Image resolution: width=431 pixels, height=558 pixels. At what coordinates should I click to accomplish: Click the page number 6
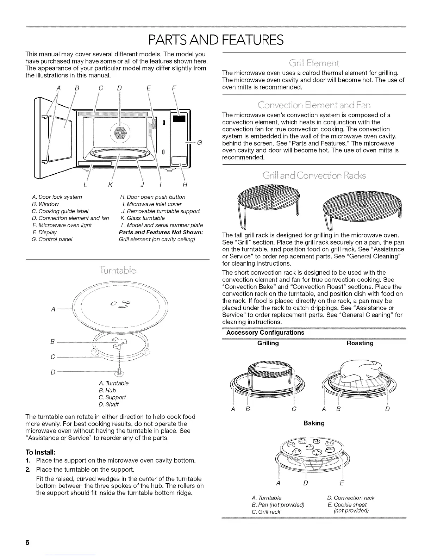coord(27,542)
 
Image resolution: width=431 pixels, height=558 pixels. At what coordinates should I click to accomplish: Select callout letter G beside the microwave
coord(199,143)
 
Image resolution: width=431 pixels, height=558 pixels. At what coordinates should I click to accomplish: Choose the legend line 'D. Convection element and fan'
coord(70,218)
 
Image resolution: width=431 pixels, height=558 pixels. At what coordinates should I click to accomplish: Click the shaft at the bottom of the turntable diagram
coord(120,371)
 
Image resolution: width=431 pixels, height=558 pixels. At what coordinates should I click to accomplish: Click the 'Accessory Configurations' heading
coord(265,333)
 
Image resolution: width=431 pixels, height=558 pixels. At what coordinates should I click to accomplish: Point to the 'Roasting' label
coord(360,343)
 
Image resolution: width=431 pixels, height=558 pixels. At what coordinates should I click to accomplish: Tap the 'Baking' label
coord(314,423)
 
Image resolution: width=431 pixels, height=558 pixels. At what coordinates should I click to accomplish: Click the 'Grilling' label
coord(268,343)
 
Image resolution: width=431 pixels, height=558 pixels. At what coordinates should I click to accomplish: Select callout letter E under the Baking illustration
coord(342,483)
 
